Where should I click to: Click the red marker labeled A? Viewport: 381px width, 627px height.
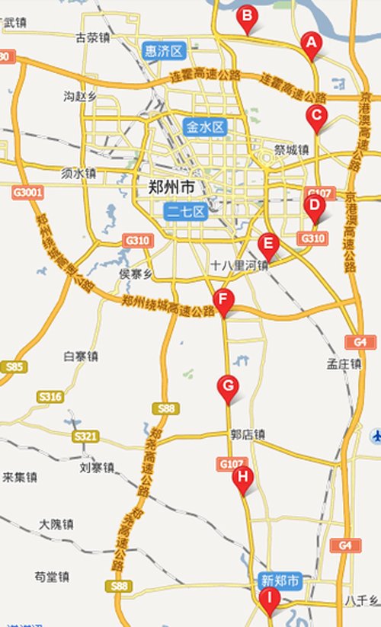pyautogui.click(x=310, y=43)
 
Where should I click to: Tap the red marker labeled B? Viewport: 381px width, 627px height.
pyautogui.click(x=247, y=14)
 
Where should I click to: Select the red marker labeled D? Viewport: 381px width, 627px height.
pyautogui.click(x=313, y=206)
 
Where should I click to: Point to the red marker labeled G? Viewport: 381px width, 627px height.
pyautogui.click(x=228, y=385)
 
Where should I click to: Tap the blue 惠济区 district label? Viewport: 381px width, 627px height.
pyautogui.click(x=165, y=52)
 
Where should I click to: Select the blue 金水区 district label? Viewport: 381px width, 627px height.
pyautogui.click(x=204, y=126)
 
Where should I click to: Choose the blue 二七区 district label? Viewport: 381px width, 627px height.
pyautogui.click(x=185, y=212)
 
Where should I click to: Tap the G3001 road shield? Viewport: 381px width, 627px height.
pyautogui.click(x=27, y=194)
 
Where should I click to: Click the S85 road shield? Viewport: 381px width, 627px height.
pyautogui.click(x=14, y=367)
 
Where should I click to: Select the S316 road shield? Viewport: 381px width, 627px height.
pyautogui.click(x=50, y=397)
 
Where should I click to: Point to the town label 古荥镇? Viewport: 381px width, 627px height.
pyautogui.click(x=93, y=37)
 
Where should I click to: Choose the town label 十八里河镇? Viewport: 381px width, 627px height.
pyautogui.click(x=239, y=266)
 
